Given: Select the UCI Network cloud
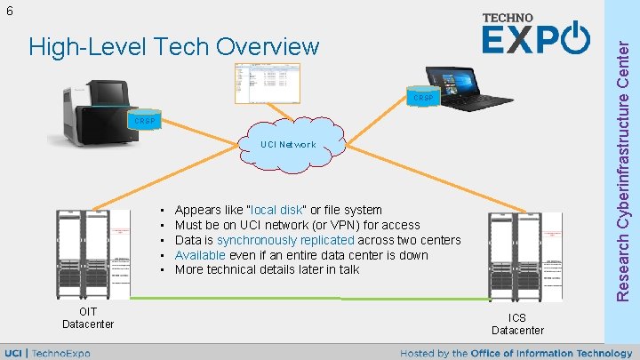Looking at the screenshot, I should point(287,145).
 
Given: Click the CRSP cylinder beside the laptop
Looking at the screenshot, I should point(422,97).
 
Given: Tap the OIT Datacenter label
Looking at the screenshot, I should point(88,317).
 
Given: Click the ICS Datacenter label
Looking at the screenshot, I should point(517,324).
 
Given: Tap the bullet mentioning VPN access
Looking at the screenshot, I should point(297,225).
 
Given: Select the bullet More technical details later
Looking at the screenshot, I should point(267,269).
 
